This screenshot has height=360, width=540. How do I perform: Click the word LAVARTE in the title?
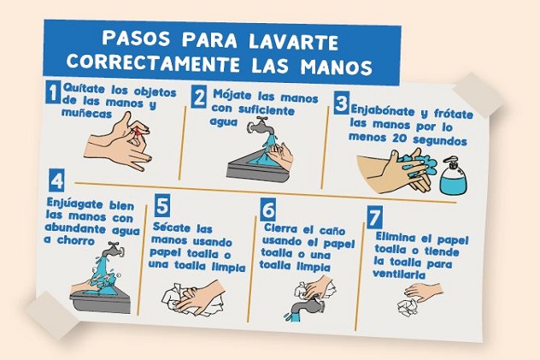293,41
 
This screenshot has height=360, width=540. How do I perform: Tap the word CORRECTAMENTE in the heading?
153,62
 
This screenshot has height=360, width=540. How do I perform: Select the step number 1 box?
53,91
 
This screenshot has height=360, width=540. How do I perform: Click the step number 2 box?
199,97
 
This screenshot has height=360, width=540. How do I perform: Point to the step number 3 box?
341,103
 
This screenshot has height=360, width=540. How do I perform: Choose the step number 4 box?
56,180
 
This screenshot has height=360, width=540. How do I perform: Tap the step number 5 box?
161,205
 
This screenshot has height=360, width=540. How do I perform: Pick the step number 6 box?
267,210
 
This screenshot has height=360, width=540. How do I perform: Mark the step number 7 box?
374,217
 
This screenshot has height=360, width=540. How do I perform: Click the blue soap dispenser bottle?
454,176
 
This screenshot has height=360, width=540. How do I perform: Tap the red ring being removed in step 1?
138,132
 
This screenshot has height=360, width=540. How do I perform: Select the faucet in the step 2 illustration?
261,127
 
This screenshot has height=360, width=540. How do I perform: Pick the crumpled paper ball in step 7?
408,307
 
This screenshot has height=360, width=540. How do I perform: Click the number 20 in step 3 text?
401,139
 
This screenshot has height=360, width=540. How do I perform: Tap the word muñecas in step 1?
86,113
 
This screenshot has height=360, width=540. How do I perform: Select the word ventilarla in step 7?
399,274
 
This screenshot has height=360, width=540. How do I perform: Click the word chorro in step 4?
76,240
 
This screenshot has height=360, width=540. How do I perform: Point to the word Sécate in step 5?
172,227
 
